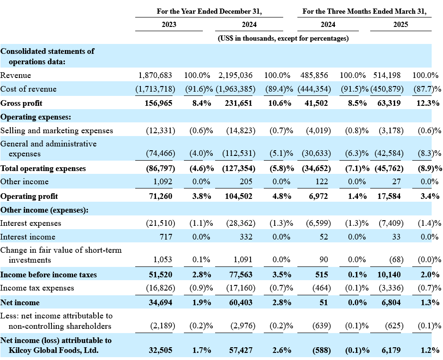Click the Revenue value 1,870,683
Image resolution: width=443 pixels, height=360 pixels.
155,76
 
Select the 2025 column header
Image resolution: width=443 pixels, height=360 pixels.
400,25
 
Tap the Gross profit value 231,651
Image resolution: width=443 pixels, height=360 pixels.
238,103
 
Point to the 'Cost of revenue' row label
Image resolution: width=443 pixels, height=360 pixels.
28,89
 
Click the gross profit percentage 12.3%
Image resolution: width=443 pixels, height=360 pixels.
428,103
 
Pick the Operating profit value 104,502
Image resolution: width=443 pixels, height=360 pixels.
238,196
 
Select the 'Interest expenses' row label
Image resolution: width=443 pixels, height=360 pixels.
31,223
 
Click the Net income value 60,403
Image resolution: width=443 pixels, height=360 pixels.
241,303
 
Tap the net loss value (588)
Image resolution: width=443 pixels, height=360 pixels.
321,351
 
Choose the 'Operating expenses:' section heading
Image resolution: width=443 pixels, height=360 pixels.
35,117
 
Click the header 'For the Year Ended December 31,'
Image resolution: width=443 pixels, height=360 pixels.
209,11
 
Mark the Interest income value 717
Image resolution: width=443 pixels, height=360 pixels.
166,237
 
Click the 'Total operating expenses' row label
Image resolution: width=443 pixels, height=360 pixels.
43,169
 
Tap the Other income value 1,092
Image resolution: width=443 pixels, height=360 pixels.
163,181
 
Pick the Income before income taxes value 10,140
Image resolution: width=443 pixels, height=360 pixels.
389,275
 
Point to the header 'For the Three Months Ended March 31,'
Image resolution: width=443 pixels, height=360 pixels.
365,11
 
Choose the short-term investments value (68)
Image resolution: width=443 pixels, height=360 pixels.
396,260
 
